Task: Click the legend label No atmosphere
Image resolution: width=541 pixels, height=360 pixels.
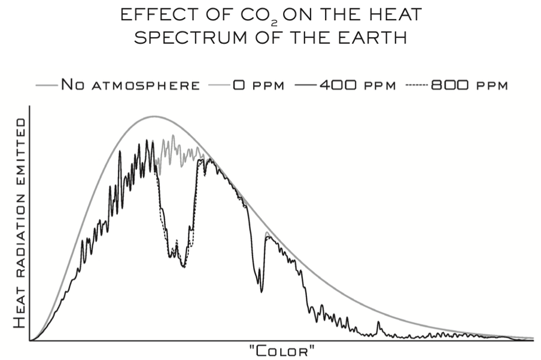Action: pyautogui.click(x=130, y=85)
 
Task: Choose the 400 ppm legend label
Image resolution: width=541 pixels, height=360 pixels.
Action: pyautogui.click(x=357, y=85)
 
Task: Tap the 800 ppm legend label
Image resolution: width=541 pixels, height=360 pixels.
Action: pyautogui.click(x=469, y=85)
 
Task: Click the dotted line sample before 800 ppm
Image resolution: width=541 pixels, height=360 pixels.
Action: pyautogui.click(x=417, y=85)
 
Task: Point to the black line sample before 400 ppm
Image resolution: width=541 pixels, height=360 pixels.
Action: pyautogui.click(x=305, y=85)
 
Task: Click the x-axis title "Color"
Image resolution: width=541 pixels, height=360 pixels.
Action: pyautogui.click(x=281, y=350)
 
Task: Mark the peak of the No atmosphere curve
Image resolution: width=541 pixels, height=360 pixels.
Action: pyautogui.click(x=154, y=116)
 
